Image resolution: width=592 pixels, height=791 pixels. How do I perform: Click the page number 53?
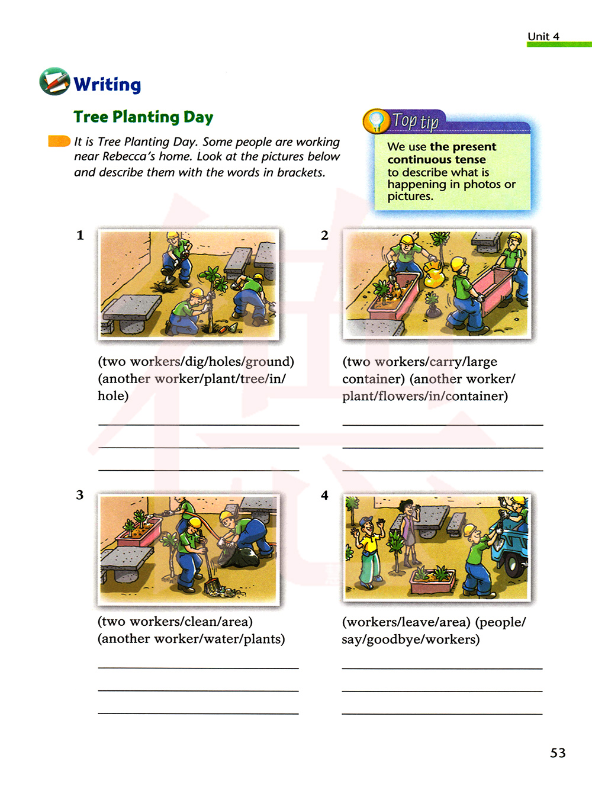[558, 753]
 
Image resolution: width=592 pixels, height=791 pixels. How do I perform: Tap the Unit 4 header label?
[543, 36]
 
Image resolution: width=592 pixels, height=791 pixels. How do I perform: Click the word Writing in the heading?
[107, 85]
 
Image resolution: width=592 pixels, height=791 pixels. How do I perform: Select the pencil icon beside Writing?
[54, 82]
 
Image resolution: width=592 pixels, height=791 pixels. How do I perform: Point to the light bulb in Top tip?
[376, 120]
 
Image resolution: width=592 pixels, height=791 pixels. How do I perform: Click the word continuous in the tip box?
[419, 159]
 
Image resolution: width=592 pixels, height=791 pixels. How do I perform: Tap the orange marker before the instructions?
[59, 142]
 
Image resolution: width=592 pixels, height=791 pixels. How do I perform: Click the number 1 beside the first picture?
[80, 235]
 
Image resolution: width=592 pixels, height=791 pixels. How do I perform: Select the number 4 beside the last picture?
[324, 495]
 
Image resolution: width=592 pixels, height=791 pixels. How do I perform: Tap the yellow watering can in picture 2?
[435, 276]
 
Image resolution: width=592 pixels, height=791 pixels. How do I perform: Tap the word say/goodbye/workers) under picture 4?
[411, 639]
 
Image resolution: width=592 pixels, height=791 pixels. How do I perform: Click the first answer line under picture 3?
[198, 668]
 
